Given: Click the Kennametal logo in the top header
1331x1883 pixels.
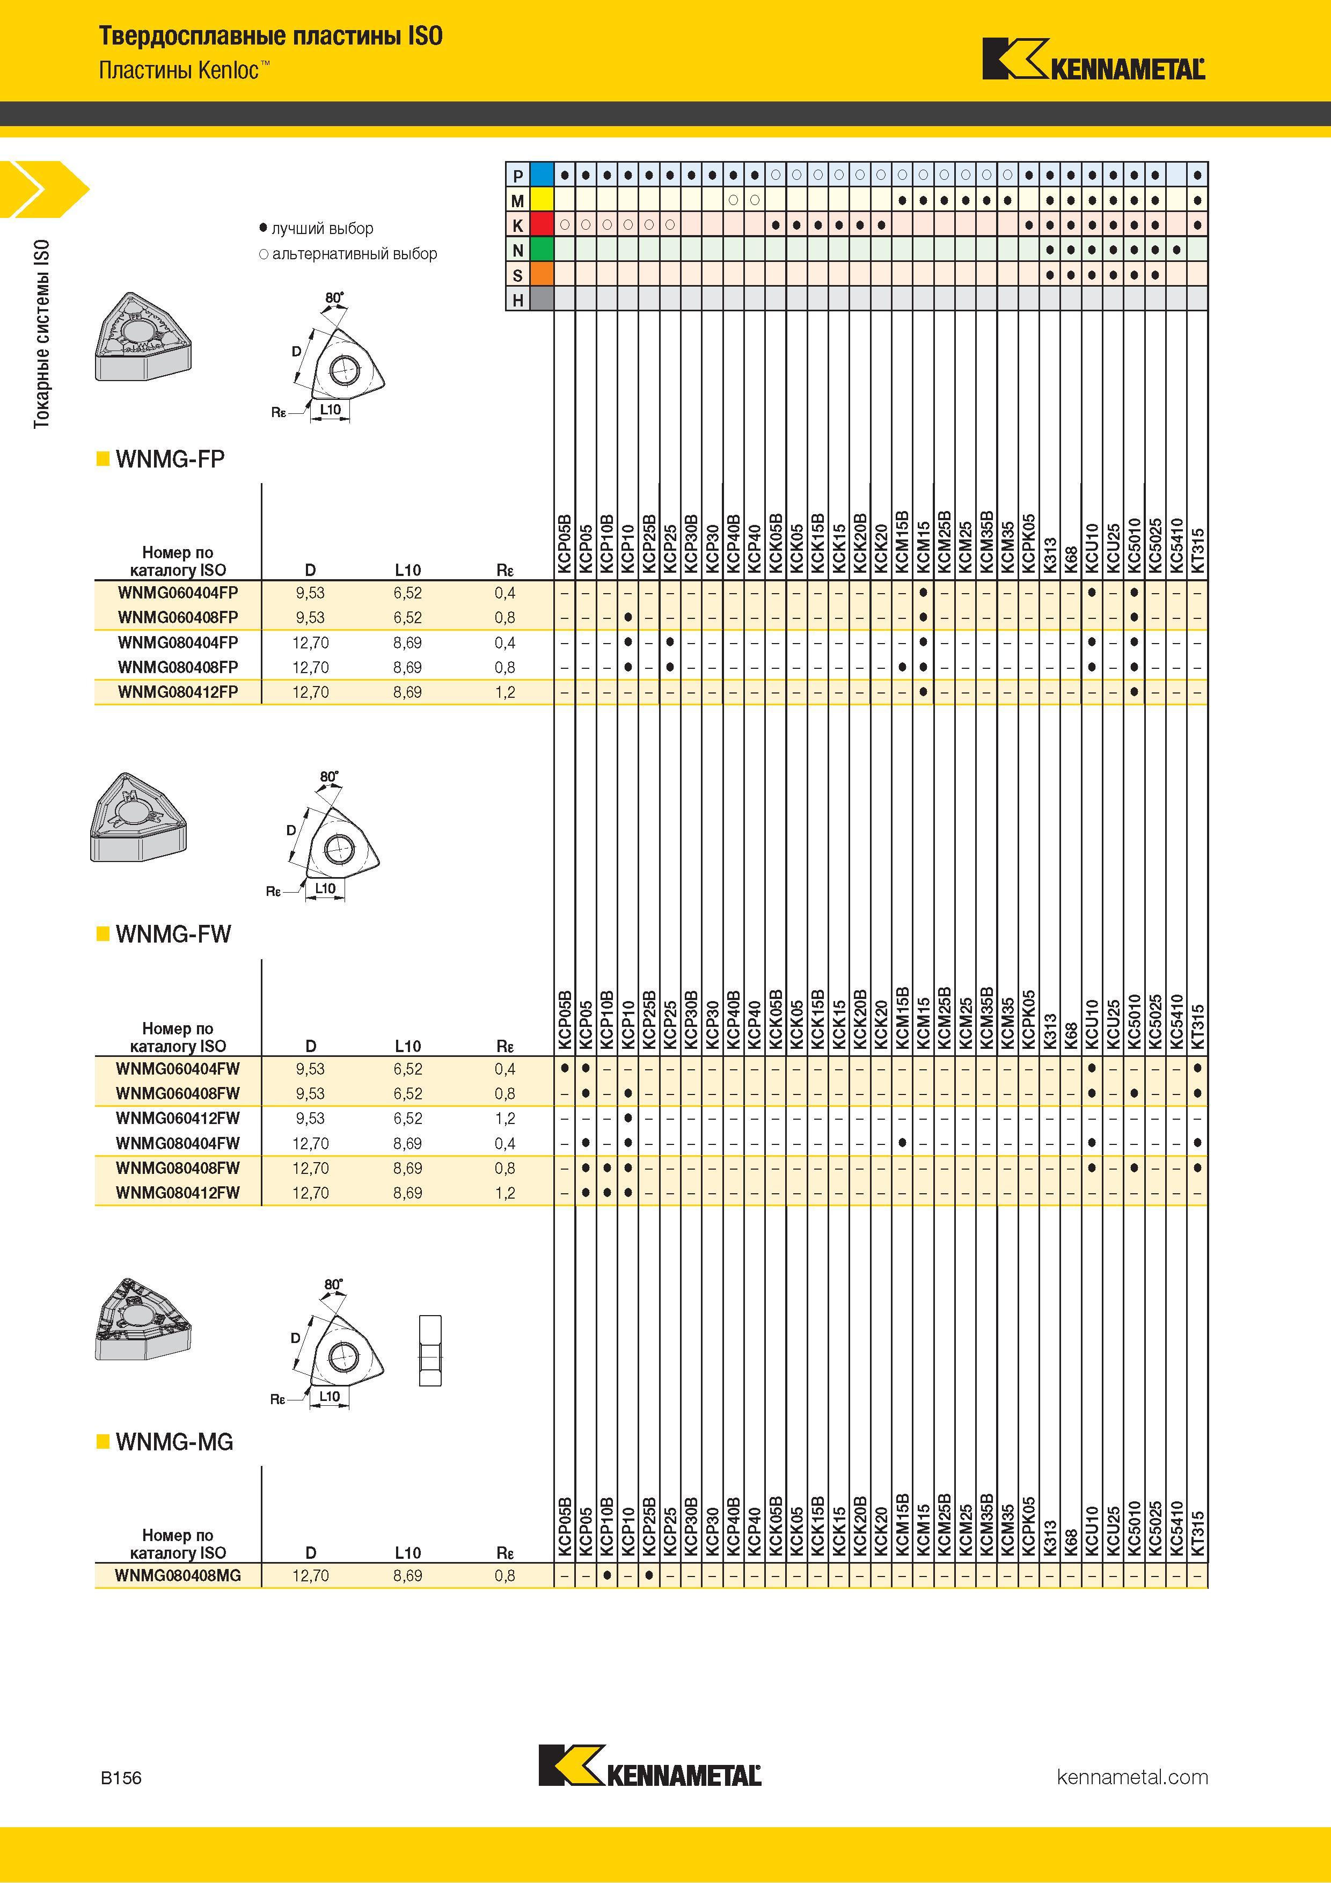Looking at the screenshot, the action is (1094, 59).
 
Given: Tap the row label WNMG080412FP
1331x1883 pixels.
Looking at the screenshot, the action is (178, 692).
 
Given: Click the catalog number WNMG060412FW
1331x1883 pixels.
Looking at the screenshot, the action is (178, 1119).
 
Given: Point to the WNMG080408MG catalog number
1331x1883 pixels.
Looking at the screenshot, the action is (178, 1577).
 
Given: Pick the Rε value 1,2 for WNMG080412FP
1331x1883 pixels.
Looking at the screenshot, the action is (505, 692).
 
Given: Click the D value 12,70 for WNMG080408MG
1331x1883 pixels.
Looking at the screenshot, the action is (311, 1577).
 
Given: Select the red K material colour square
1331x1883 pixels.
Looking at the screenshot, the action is (542, 225).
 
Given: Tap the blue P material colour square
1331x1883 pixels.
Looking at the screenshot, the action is (542, 174).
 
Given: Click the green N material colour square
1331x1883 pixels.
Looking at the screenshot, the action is (542, 249).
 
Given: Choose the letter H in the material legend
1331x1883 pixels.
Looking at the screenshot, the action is (517, 300).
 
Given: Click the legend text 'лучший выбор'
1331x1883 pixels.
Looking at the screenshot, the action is (323, 229).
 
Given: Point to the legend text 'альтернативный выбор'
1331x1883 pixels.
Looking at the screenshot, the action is (354, 254).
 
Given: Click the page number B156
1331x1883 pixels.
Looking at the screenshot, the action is (121, 1778).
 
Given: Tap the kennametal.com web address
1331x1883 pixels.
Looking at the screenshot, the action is (1132, 1777).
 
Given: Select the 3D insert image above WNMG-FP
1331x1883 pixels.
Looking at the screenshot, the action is (144, 335).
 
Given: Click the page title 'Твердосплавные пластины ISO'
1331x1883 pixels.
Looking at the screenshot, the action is (270, 36).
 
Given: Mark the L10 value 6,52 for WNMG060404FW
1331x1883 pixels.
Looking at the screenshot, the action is (407, 1069).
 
